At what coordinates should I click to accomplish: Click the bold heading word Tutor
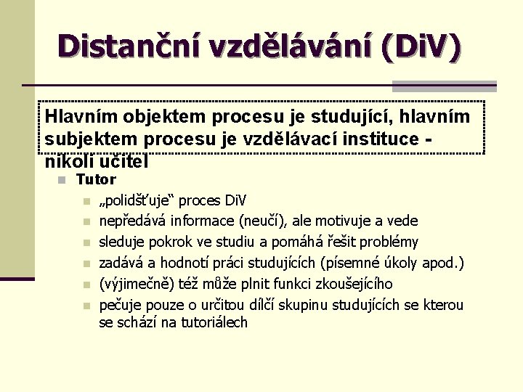(x=96, y=179)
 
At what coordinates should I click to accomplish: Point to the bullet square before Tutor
(x=62, y=179)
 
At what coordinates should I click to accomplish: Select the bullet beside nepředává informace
(x=86, y=221)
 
